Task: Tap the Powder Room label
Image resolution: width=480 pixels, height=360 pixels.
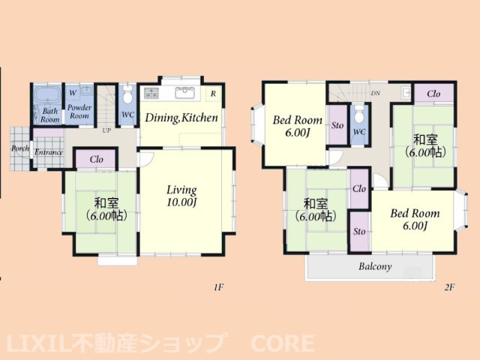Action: tap(79, 112)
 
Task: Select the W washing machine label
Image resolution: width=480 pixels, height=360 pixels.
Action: tap(73, 92)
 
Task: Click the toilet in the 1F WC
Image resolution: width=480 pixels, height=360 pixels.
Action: tap(127, 97)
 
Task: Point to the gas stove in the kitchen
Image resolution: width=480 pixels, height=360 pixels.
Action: tap(151, 93)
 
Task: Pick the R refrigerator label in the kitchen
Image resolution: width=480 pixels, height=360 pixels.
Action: tap(214, 94)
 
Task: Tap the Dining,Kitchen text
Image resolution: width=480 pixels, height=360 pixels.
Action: tap(181, 118)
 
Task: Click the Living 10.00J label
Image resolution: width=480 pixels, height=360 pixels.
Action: tap(181, 196)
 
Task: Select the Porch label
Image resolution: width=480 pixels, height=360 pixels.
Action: tap(20, 148)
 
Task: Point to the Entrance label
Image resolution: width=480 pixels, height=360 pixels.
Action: tap(48, 153)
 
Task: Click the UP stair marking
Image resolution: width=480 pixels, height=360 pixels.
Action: tap(108, 130)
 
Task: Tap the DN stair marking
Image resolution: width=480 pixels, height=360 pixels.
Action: tap(375, 94)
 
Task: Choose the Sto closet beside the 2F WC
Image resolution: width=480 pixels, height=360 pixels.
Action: tap(337, 125)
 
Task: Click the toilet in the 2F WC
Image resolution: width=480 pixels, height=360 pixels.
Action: tap(358, 116)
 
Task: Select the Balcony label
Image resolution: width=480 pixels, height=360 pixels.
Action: tap(375, 266)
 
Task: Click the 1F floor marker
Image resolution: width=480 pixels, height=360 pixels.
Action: tap(218, 287)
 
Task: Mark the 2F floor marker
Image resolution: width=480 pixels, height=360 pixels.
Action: tap(450, 287)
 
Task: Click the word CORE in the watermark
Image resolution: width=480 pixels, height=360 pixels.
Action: tap(279, 344)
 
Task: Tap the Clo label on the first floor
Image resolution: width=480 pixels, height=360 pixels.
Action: tap(96, 159)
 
